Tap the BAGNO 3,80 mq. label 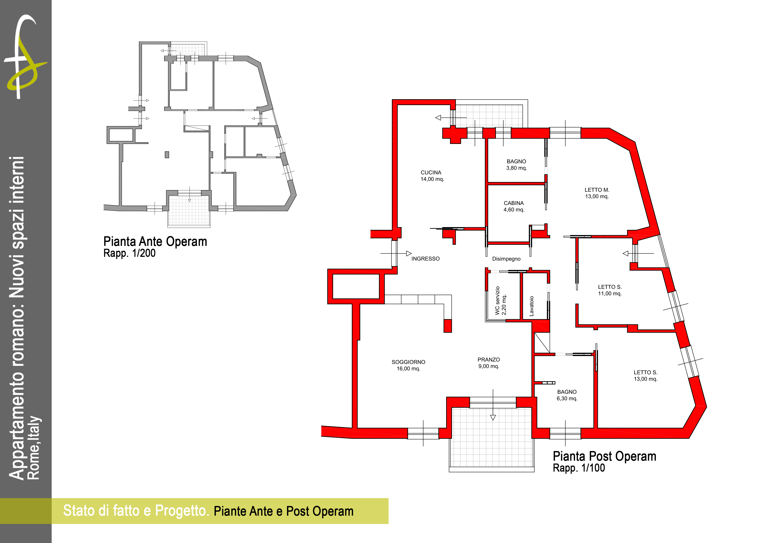click(516, 165)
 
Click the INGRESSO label click(425, 259)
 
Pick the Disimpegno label click(506, 259)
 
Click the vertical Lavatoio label click(532, 306)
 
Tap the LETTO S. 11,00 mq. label click(610, 290)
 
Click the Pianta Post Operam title click(604, 456)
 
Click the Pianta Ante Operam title click(155, 241)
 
